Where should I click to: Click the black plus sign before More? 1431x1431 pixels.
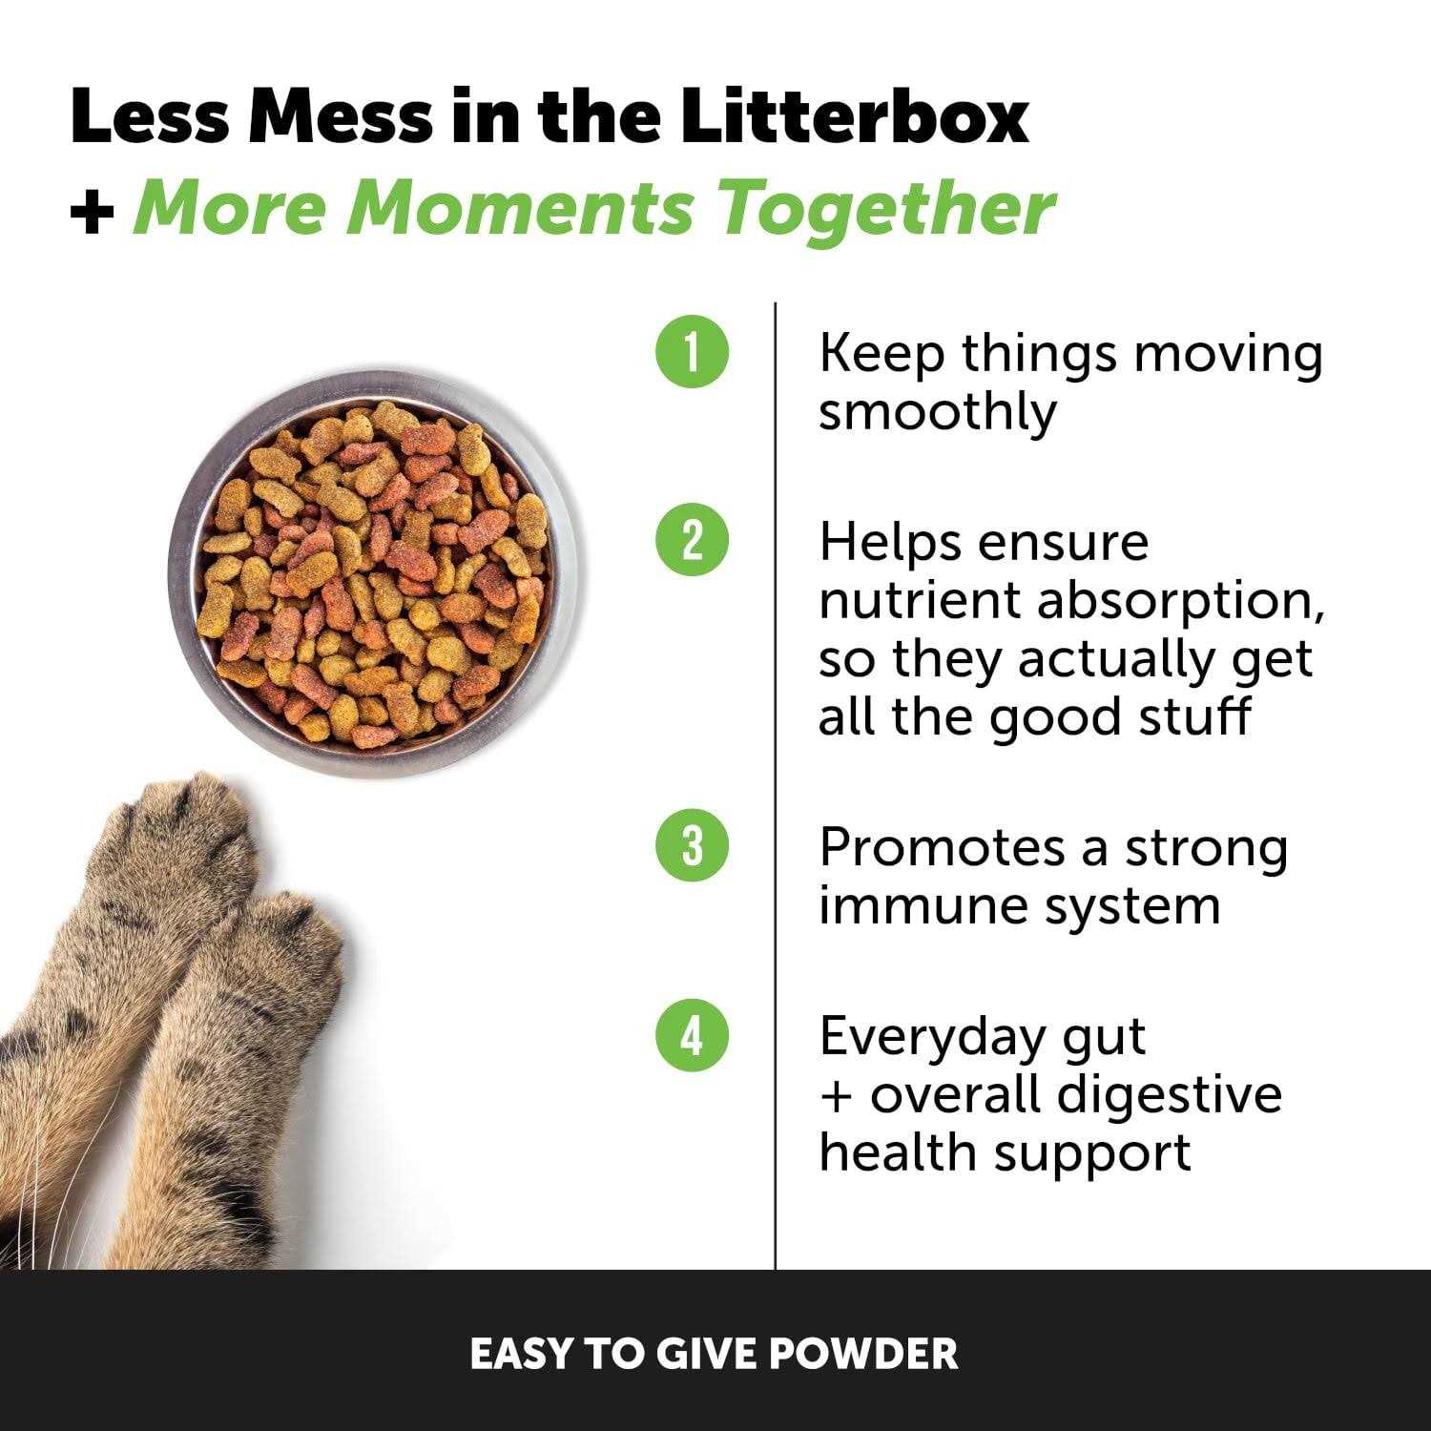(x=92, y=212)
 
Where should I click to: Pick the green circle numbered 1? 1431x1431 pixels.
(x=692, y=352)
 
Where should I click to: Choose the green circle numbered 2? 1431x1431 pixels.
(x=692, y=541)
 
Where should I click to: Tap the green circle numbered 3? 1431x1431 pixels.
(x=692, y=846)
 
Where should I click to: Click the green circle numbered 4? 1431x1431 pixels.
(x=692, y=1036)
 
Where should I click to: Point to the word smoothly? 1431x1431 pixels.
(x=938, y=412)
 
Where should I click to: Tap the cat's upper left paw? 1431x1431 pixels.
(x=181, y=849)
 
